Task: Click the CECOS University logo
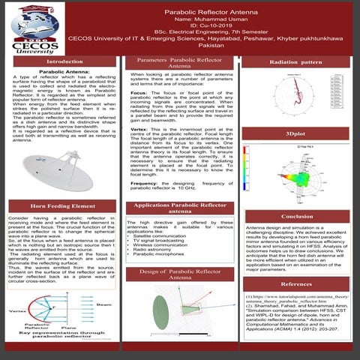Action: click(30, 30)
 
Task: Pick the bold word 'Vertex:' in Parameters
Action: click(140, 129)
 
